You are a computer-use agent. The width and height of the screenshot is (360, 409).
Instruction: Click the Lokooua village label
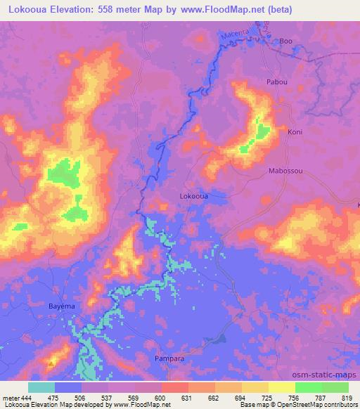coord(193,197)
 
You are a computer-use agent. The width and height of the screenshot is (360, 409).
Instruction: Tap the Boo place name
coord(285,41)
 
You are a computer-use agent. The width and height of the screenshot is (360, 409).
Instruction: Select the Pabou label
coord(276,82)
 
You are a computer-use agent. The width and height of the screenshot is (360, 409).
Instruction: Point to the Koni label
coord(295,132)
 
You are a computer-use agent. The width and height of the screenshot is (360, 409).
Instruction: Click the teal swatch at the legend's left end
coord(41,387)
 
